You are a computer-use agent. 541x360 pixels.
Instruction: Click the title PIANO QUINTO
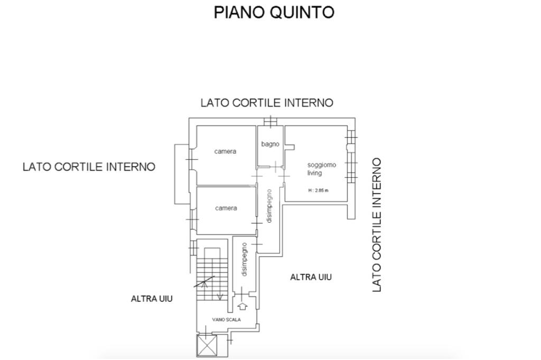coord(274,12)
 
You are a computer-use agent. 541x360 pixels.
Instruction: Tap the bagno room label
coord(270,144)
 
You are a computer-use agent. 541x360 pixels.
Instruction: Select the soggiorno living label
coord(321,169)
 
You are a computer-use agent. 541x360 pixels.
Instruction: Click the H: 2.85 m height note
coord(318,191)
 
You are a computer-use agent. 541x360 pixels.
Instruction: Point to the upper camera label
coord(225,151)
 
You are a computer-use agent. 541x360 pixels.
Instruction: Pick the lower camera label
coord(226,208)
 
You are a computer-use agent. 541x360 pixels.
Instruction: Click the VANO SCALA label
coord(227,320)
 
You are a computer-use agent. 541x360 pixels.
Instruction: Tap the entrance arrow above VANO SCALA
coord(243,306)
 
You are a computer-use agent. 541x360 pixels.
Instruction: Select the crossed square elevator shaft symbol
coord(206,346)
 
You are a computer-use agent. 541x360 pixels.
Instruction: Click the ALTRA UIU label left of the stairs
coord(152,299)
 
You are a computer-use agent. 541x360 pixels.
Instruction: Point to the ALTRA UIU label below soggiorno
coord(311,277)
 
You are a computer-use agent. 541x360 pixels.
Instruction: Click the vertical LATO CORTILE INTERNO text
coord(377,225)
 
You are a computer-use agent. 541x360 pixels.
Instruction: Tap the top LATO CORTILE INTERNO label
coord(267,103)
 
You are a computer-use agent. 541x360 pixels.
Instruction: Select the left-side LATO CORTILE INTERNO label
coord(89,167)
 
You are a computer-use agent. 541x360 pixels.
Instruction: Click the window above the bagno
coord(270,122)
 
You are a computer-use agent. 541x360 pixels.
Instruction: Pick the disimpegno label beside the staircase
coord(244,259)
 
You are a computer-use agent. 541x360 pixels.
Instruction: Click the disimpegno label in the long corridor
coord(269,206)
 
